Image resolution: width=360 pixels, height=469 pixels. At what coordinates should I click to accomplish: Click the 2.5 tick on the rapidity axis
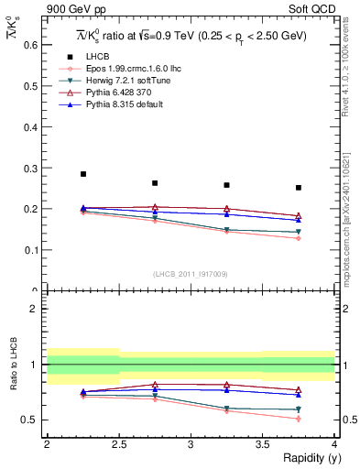point(118,444)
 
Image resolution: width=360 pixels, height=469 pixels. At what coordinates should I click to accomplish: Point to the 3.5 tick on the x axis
point(262,444)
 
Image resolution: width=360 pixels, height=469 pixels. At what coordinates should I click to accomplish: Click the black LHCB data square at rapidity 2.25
point(83,173)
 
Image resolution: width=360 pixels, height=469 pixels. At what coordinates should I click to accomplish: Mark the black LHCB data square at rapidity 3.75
point(299,188)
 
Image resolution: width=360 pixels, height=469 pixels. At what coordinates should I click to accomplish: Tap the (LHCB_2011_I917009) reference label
point(189,274)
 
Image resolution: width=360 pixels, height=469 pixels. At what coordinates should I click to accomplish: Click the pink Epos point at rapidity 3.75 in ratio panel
point(299,419)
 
